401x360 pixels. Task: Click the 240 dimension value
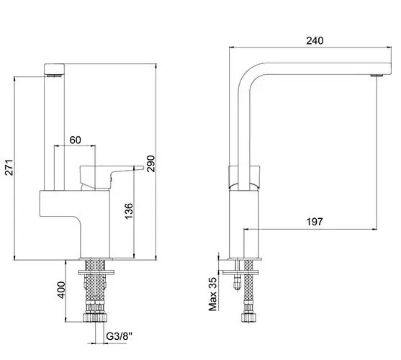point(315,40)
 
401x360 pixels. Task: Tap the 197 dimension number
point(315,222)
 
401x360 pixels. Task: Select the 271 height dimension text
point(9,168)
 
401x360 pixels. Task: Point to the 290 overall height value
point(150,163)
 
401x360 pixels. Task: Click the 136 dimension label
point(129,211)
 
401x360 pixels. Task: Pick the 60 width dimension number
point(75,140)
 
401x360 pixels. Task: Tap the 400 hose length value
point(61,290)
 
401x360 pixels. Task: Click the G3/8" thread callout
point(120,336)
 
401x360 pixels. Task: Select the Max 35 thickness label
point(212,294)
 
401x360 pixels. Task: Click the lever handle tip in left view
point(140,168)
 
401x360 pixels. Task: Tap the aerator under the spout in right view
point(377,75)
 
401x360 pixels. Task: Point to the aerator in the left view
point(54,76)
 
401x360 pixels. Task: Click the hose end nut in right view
point(248,318)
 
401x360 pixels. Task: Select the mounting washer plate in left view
point(96,272)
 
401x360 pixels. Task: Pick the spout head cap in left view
point(54,69)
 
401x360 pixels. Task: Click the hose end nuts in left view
point(95,318)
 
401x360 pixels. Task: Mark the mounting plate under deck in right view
point(240,273)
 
